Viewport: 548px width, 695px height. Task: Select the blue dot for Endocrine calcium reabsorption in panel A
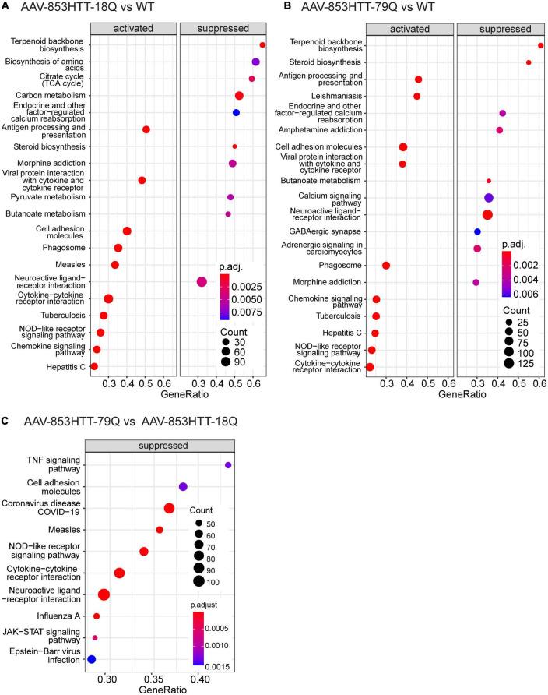236,113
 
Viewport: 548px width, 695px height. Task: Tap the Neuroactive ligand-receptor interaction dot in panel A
202,282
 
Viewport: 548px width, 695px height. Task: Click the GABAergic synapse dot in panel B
477,232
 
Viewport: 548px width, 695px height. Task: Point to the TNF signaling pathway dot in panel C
228,465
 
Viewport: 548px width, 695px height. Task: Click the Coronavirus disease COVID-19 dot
169,509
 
